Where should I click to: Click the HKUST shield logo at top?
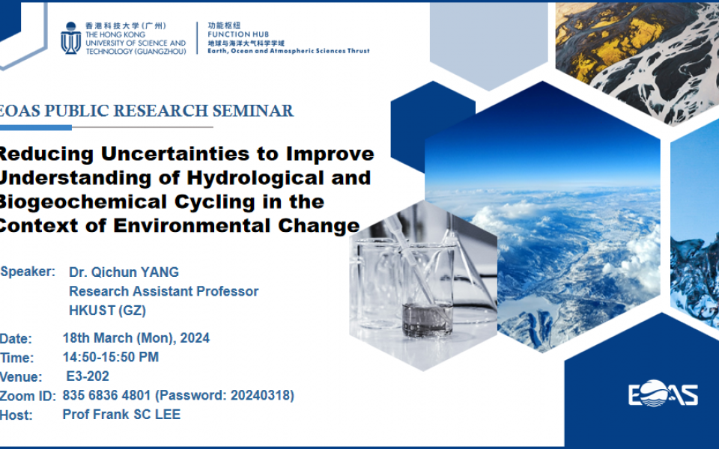[x=70, y=37]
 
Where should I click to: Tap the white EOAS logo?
[x=663, y=394]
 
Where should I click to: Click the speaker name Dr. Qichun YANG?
[x=124, y=272]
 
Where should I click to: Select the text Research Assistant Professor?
[x=163, y=291]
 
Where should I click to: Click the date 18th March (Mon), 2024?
[x=136, y=337]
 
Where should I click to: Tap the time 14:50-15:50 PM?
[x=111, y=357]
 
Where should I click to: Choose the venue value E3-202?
[x=88, y=376]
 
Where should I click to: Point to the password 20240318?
[x=265, y=395]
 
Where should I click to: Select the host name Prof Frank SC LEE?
[x=121, y=414]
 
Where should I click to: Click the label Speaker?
[x=28, y=272]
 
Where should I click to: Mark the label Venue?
[x=21, y=377]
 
